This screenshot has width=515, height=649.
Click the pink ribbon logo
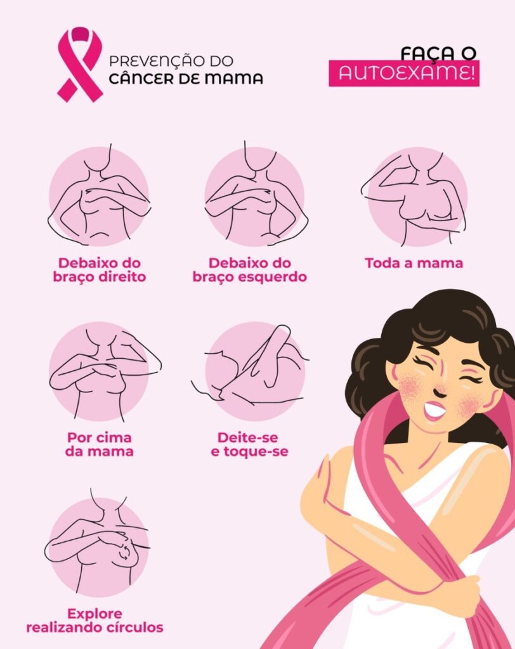[79, 64]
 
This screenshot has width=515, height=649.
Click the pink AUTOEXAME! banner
[404, 74]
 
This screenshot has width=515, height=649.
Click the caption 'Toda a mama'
[414, 263]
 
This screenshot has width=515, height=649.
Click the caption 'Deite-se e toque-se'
[249, 444]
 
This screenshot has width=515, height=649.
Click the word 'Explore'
[95, 614]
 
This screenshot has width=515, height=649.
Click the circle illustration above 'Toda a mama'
[417, 197]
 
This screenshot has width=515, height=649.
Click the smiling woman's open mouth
[434, 410]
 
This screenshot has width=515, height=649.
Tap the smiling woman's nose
[440, 389]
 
